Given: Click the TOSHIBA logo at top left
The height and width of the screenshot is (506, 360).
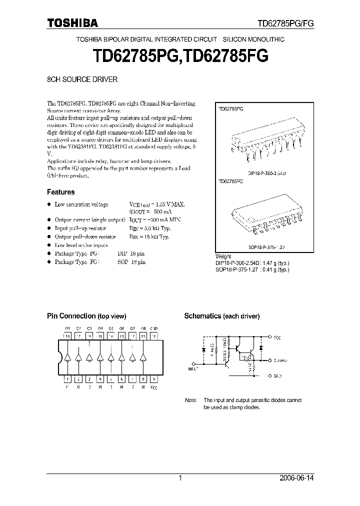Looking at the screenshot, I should pyautogui.click(x=72, y=22).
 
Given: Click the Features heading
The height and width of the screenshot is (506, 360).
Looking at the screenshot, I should pyautogui.click(x=61, y=192).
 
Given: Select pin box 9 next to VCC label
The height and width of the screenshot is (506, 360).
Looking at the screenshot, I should pyautogui.click(x=154, y=379).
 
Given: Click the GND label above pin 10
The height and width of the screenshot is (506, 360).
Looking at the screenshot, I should pyautogui.click(x=154, y=328).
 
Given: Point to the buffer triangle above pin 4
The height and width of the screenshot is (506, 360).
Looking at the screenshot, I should pyautogui.click(x=99, y=357).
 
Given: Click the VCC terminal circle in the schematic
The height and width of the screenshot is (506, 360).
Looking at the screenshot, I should pyautogui.click(x=270, y=337).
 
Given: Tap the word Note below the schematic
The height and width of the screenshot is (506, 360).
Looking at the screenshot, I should pyautogui.click(x=191, y=400).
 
